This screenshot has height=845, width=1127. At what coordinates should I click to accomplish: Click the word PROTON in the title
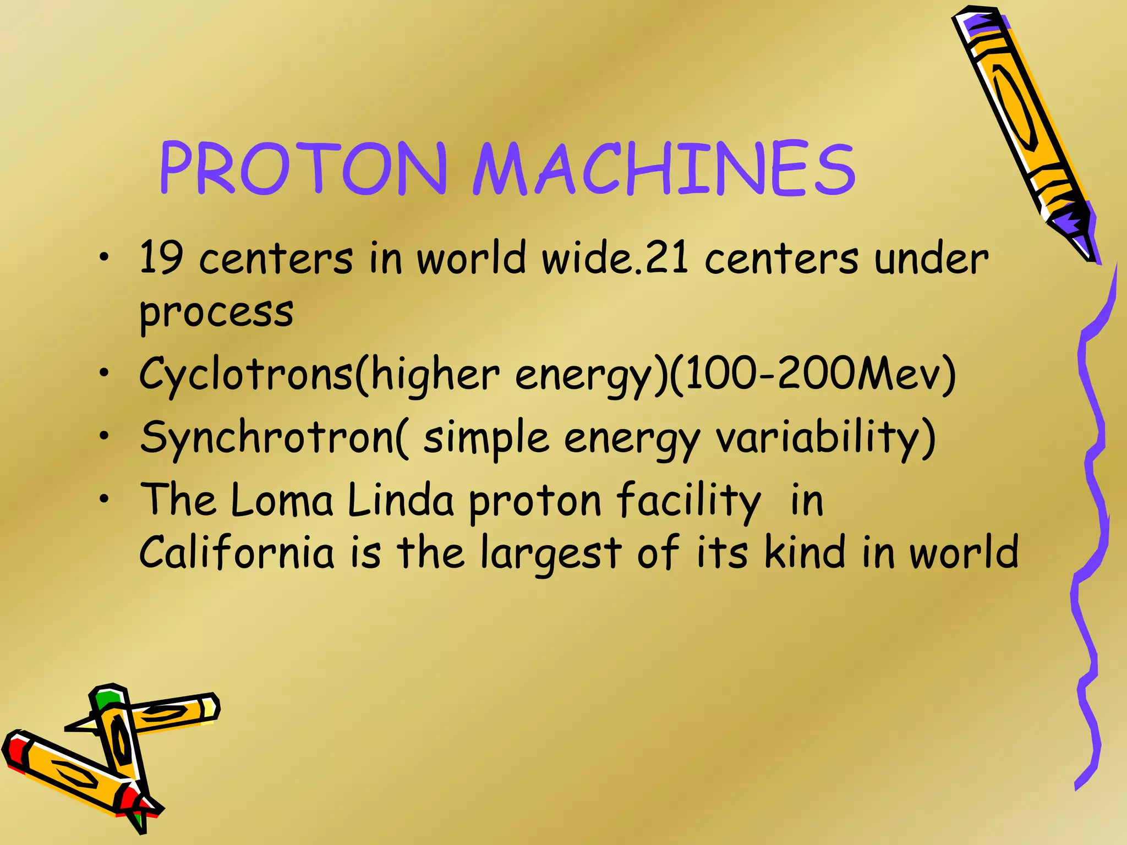(x=303, y=168)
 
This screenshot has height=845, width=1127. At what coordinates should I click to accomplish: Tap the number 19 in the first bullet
(x=161, y=257)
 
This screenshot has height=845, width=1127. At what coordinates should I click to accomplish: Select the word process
(x=216, y=312)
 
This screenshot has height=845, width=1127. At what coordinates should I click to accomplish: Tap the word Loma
(x=282, y=501)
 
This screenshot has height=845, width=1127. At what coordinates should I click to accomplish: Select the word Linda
(x=401, y=501)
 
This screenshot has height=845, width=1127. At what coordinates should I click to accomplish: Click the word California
(x=237, y=553)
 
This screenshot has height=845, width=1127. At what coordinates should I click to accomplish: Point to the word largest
(x=550, y=553)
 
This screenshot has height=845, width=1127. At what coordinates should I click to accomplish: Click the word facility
(x=688, y=501)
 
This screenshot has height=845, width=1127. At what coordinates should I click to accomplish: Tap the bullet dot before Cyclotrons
(x=103, y=374)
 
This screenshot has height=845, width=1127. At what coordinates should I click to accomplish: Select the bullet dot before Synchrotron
(x=103, y=436)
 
